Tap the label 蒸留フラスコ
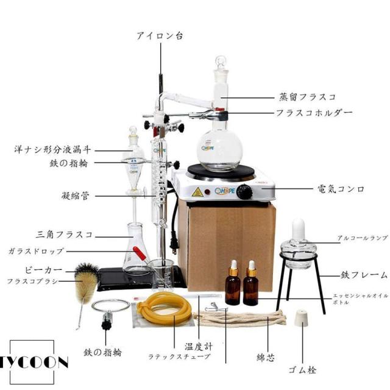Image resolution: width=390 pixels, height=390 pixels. [307, 96]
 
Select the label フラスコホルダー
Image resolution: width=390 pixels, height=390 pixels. [314, 113]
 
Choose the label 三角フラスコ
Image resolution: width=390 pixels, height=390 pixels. [64, 234]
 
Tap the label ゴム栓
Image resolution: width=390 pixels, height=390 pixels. [303, 369]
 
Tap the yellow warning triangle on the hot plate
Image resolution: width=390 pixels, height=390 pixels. [197, 193]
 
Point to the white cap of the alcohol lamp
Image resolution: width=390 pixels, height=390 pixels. [299, 227]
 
